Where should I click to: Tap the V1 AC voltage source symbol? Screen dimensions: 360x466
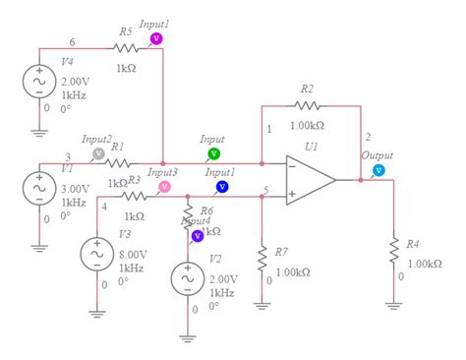40,187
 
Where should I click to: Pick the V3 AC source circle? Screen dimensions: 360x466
97,254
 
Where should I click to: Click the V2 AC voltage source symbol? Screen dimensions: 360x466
187,279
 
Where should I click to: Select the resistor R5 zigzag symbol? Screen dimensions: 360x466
125,47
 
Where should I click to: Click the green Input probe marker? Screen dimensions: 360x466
213,154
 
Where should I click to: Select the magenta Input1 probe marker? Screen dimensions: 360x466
154,38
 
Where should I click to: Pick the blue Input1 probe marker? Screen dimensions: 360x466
221,186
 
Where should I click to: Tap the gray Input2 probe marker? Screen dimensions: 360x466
97,153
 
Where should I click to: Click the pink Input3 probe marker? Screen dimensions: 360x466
164,186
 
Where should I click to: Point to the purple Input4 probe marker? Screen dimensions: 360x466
197,235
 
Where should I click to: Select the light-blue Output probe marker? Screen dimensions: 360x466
378,170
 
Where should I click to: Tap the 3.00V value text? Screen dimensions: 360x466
75,186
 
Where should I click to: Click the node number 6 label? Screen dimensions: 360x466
72,41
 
